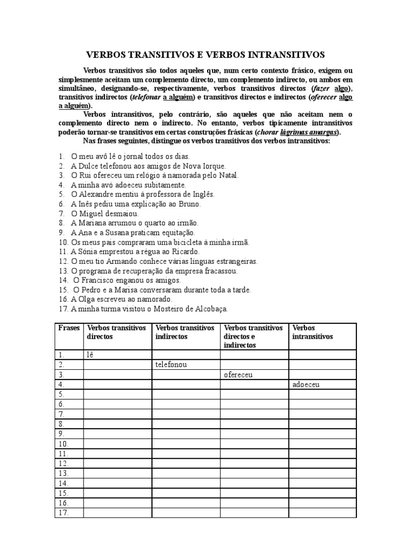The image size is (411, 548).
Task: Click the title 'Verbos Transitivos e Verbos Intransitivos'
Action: (x=205, y=55)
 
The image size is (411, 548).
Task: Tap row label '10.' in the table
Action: (x=63, y=444)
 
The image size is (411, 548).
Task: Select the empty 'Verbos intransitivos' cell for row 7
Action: (x=322, y=414)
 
